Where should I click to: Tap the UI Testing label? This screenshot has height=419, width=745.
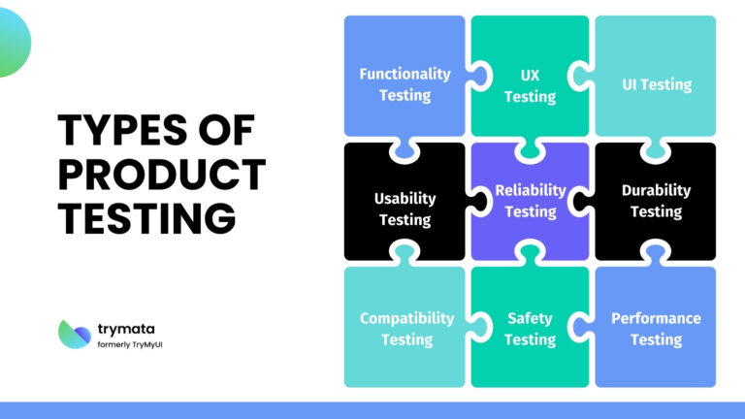point(656,84)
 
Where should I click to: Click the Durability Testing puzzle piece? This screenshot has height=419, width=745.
point(656,201)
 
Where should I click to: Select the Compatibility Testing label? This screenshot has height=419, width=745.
point(406,329)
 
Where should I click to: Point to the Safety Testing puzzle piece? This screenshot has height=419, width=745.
point(530,329)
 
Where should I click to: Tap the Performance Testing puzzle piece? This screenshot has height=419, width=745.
point(656,329)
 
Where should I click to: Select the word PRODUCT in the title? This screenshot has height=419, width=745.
point(161,174)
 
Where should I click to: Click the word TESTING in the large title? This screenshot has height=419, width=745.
point(146,217)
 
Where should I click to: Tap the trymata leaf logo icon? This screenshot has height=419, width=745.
point(76,333)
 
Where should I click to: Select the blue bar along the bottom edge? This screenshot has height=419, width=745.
point(372,410)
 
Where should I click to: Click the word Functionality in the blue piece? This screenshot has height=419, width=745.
point(405,74)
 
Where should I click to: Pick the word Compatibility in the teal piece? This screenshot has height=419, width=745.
point(406,318)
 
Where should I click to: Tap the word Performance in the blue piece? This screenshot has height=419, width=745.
point(656,318)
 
